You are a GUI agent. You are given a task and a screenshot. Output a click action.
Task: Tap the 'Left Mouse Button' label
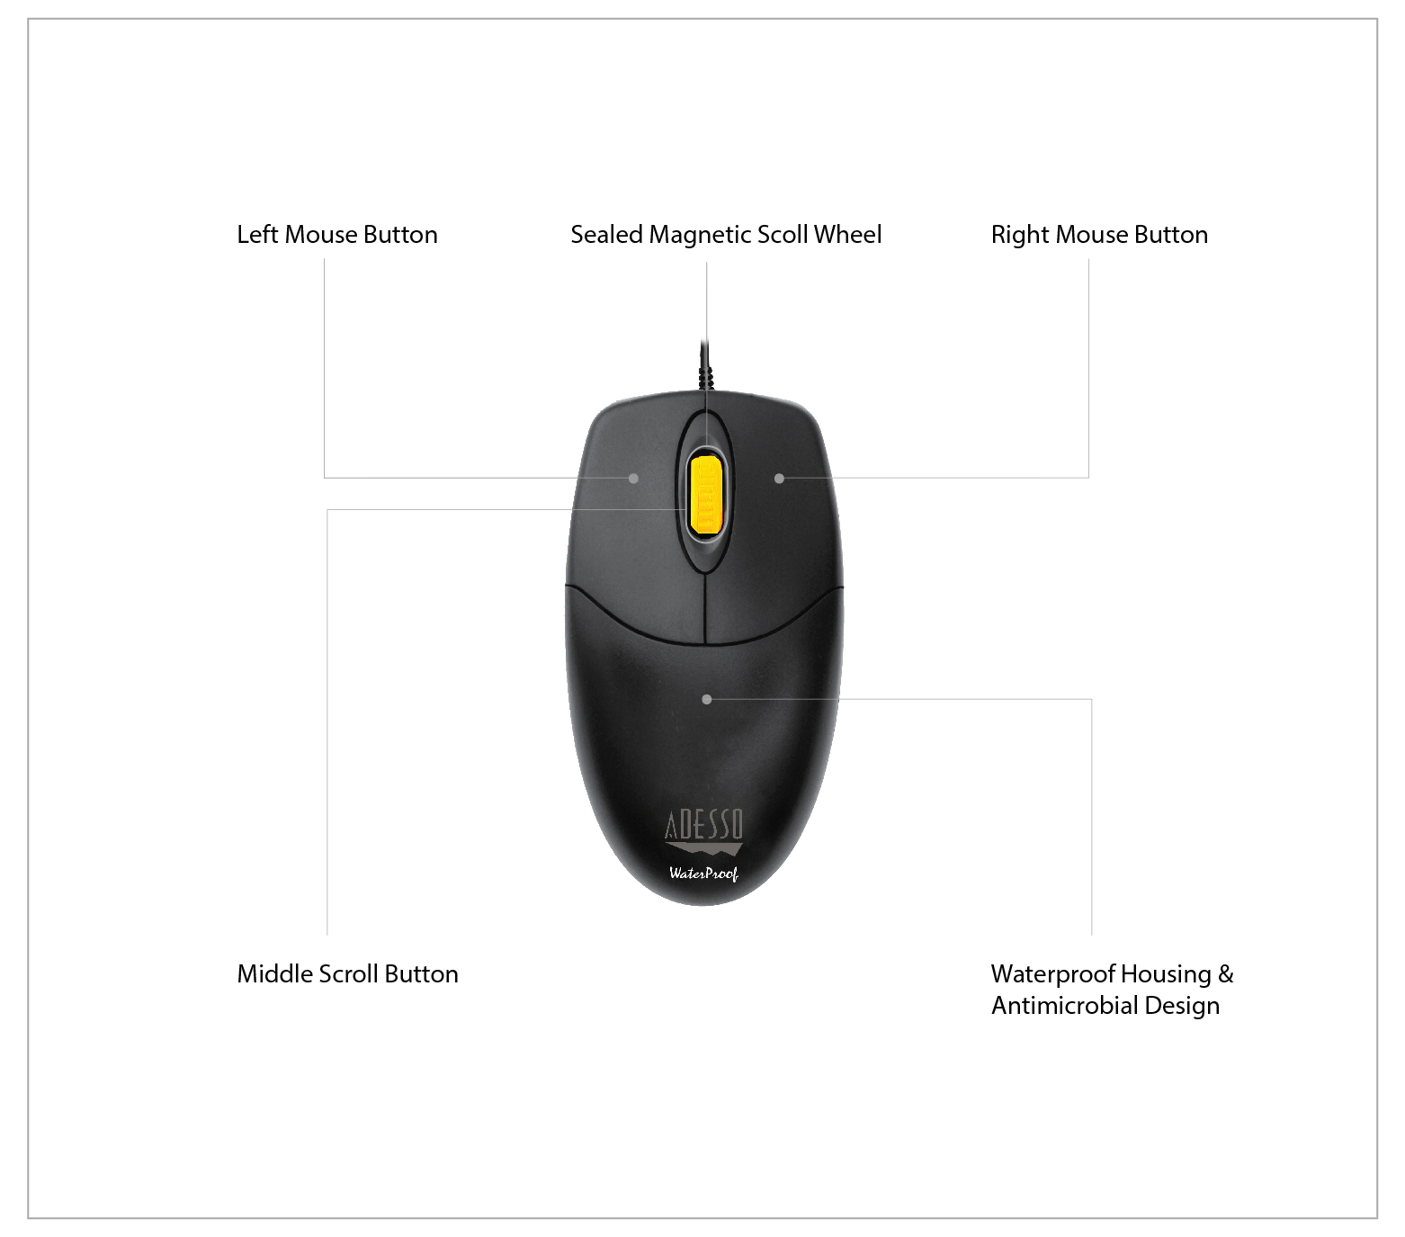pyautogui.click(x=337, y=235)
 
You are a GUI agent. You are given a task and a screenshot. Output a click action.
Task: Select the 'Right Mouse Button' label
pyautogui.click(x=1099, y=235)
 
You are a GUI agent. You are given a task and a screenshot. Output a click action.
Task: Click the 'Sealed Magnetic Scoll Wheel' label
pyautogui.click(x=726, y=235)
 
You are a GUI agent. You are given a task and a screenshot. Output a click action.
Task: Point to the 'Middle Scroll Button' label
pyautogui.click(x=347, y=974)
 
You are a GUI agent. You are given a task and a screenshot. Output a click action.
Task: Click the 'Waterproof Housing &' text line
pyautogui.click(x=1112, y=974)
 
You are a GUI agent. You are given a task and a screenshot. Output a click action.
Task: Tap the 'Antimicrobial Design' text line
pyautogui.click(x=1105, y=1006)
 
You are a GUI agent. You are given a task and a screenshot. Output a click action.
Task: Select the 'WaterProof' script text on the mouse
pyautogui.click(x=703, y=873)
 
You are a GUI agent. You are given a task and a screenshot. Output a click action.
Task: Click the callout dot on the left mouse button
pyautogui.click(x=633, y=479)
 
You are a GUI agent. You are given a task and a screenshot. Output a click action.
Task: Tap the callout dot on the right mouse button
pyautogui.click(x=779, y=479)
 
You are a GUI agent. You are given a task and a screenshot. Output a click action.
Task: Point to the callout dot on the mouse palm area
pyautogui.click(x=706, y=699)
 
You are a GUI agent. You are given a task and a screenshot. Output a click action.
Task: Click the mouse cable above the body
pyautogui.click(x=706, y=364)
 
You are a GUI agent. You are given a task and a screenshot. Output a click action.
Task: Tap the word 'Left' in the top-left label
pyautogui.click(x=257, y=235)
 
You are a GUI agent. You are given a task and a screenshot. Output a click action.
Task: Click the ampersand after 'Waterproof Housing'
pyautogui.click(x=1225, y=975)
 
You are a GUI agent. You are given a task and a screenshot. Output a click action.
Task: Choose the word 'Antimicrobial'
pyautogui.click(x=1065, y=1006)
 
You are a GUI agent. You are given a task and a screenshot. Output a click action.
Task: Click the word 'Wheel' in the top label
pyautogui.click(x=847, y=235)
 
